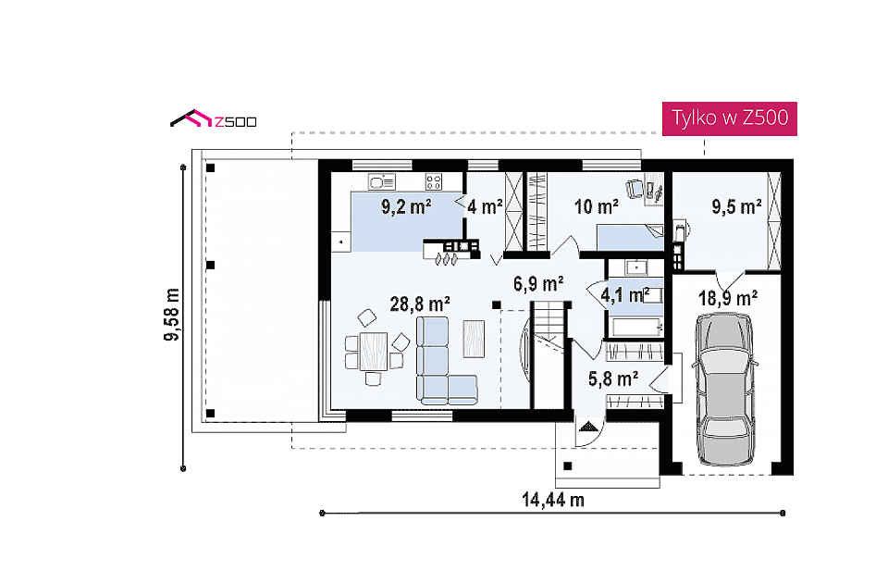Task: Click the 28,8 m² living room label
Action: point(420,304)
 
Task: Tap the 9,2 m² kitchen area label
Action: point(407,206)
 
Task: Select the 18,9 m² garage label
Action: point(728,297)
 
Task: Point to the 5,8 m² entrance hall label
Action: point(613,378)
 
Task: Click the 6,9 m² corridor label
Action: point(538,283)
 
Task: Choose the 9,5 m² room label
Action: point(736,206)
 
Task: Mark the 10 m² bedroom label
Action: point(597,206)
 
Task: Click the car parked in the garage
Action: point(725,390)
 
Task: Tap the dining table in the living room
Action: point(373,352)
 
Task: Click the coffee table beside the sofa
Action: point(474,339)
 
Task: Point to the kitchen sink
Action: point(382,182)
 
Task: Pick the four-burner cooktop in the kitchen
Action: point(434,182)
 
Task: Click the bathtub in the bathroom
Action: point(635,328)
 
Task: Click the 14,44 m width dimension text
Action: point(553,500)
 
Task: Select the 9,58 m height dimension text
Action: point(172,315)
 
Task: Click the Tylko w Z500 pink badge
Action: point(730,118)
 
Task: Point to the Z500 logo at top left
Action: point(214,119)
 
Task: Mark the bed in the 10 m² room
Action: point(630,238)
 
